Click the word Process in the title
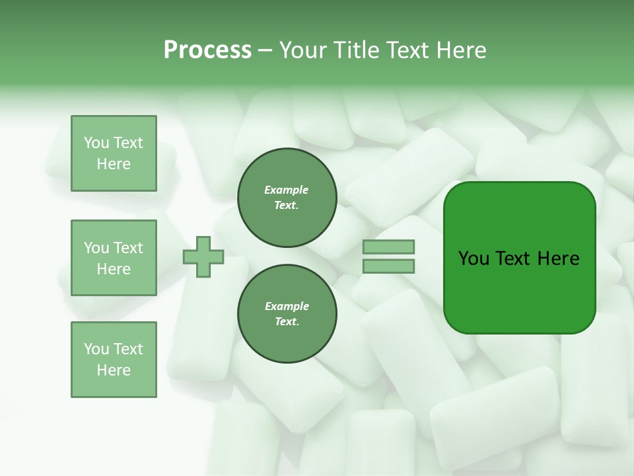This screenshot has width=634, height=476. [x=207, y=50]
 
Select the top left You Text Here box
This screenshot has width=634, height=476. [x=114, y=153]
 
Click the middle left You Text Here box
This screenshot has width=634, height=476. [x=114, y=258]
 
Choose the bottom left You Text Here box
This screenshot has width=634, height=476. [x=114, y=360]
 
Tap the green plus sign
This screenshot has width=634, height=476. [x=203, y=257]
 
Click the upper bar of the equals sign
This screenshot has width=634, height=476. [x=388, y=247]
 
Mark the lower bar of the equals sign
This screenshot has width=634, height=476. [x=388, y=266]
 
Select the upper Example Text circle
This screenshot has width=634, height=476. [x=287, y=198]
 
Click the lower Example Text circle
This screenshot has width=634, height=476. [x=287, y=314]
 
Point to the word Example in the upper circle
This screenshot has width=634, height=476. [x=287, y=190]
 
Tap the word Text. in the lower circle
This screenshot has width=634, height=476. [x=287, y=322]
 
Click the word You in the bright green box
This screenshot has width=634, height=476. [x=474, y=258]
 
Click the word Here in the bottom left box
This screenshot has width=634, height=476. [x=114, y=370]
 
